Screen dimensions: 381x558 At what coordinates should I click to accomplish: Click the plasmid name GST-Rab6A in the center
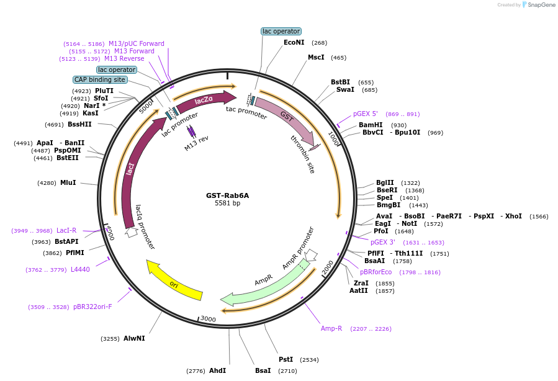pos(227,195)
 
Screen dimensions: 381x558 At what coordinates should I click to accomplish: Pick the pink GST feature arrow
pos(286,117)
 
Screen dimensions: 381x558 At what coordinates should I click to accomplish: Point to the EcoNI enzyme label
pos(294,43)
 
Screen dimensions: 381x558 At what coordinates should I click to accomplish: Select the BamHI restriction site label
pos(371,125)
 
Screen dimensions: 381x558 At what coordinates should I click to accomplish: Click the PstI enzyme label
pos(286,359)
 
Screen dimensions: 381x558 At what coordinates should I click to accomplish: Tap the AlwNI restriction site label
pos(134,338)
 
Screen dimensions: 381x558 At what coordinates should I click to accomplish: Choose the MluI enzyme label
pos(68,182)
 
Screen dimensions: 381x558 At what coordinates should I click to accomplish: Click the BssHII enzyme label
pos(79,124)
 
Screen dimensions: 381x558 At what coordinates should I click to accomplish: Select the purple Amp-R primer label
pos(331,328)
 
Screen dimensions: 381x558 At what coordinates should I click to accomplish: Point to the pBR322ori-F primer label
pos(92,307)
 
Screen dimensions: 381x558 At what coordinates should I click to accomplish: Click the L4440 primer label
pos(80,269)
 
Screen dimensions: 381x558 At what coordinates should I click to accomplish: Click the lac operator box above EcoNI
pos(281,31)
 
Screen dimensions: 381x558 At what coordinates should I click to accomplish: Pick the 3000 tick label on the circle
pos(208,318)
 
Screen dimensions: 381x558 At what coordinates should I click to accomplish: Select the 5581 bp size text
pos(227,203)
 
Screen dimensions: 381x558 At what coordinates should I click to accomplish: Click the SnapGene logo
pos(538,5)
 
